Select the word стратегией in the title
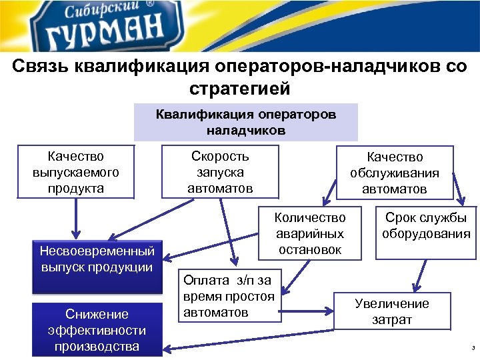click(240, 88)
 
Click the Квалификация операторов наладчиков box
click(246, 122)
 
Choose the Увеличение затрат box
click(392, 311)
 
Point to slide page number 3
click(471, 349)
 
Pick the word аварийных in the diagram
click(310, 234)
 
